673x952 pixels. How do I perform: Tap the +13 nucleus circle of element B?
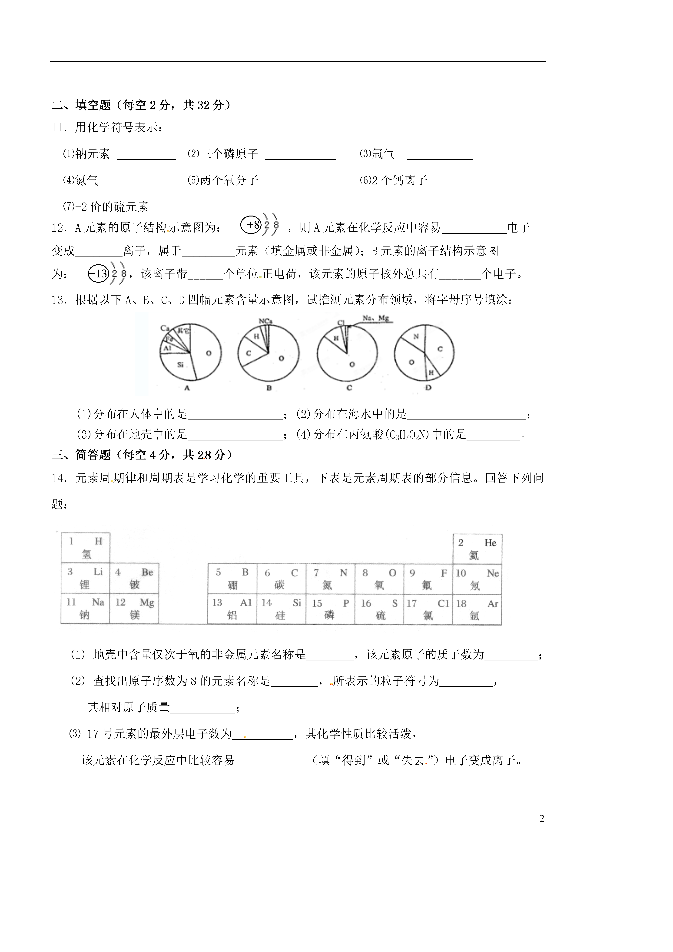tap(98, 274)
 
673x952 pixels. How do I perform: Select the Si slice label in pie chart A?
tap(180, 365)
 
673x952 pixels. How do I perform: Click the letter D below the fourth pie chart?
tap(428, 388)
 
